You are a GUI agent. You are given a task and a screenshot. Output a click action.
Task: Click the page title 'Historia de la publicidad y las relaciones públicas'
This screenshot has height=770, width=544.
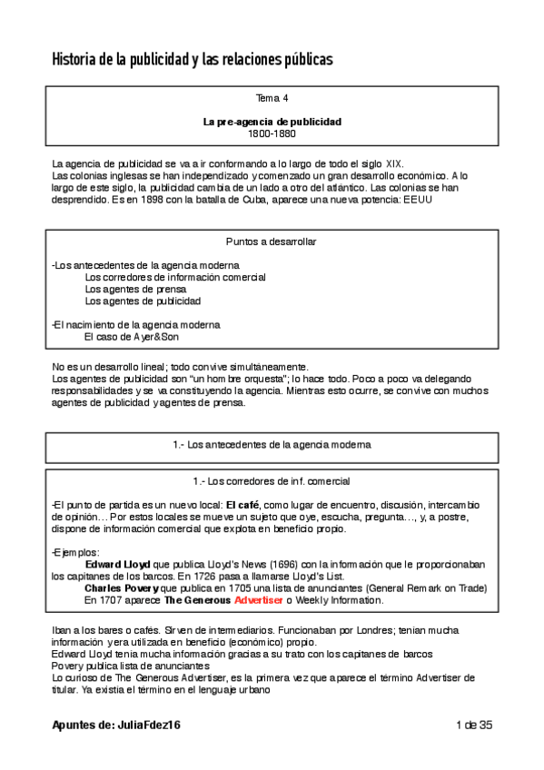[192, 60]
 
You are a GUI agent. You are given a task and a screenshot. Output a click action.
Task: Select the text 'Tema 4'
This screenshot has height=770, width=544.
[272, 97]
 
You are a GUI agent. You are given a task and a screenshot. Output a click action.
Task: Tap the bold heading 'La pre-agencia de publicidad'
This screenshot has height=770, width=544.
[272, 121]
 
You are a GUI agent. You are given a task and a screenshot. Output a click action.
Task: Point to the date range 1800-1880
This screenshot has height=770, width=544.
[272, 133]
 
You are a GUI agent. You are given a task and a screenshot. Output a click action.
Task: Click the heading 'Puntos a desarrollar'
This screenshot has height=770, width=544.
[272, 242]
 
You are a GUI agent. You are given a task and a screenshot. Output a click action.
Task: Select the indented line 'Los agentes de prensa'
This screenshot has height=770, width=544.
[129, 289]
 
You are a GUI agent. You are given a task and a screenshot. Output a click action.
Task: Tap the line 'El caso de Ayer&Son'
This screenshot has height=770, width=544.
[131, 336]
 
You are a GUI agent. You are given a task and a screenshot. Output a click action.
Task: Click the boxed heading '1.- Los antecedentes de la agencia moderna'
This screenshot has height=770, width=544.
[272, 445]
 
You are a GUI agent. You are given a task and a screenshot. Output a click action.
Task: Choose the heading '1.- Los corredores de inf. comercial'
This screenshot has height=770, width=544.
[272, 480]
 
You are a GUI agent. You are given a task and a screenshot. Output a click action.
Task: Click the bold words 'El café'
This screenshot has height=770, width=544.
[242, 504]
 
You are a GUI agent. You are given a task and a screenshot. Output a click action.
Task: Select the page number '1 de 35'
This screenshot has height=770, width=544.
[473, 724]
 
